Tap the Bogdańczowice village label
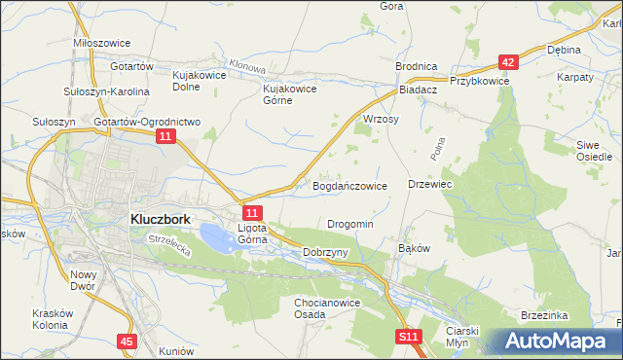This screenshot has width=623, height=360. coord(349,185)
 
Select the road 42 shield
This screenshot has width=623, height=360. coord(507,61)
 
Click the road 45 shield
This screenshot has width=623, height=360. coord(128,342)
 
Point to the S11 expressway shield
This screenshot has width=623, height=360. coord(409,337)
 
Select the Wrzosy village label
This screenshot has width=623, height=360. coord(381,119)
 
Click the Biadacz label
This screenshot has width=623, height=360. coord(420,88)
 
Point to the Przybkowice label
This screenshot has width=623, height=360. coord(479,82)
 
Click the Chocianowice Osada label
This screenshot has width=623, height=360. coord(329,308)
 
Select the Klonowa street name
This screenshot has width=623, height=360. coord(249,69)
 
